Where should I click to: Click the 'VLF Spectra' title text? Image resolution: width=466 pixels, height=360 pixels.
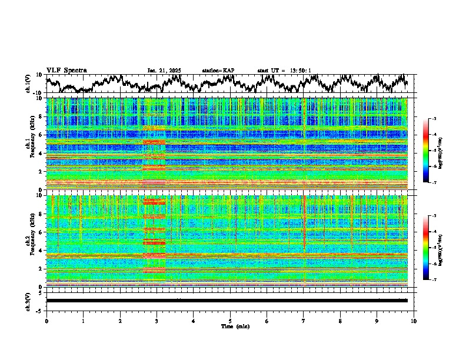tap(66, 70)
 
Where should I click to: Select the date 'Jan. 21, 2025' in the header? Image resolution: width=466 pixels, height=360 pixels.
tap(164, 71)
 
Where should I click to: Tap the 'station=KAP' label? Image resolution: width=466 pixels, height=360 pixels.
tap(218, 71)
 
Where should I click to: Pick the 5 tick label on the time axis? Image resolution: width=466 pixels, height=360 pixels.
tap(230, 320)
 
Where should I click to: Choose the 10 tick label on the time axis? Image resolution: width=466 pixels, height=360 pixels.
tap(414, 320)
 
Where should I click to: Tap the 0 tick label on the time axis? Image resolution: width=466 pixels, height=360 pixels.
tap(46, 320)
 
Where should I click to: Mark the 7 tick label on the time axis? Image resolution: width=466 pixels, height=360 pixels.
tap(304, 320)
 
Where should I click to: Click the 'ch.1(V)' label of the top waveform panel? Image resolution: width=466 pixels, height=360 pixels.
tap(28, 84)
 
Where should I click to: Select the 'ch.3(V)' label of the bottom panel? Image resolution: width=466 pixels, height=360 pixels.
tap(28, 301)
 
